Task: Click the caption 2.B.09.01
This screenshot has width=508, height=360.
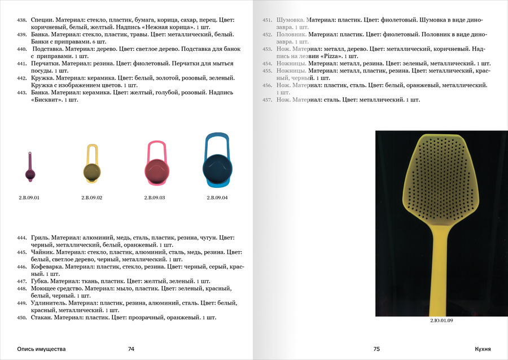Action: pos(29,197)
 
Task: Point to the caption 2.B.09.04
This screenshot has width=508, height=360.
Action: pos(217,197)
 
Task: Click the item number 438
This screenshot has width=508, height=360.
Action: pos(22,20)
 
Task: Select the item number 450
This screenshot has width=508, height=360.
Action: pos(22,318)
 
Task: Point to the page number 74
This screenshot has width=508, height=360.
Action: pos(131,349)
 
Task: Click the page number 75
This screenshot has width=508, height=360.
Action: pos(376,349)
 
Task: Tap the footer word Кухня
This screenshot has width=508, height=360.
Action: pos(483,349)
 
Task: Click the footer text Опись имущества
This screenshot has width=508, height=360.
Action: pos(41,349)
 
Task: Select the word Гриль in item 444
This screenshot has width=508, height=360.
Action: pos(40,238)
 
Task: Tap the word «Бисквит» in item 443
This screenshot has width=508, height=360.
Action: pos(46,99)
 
